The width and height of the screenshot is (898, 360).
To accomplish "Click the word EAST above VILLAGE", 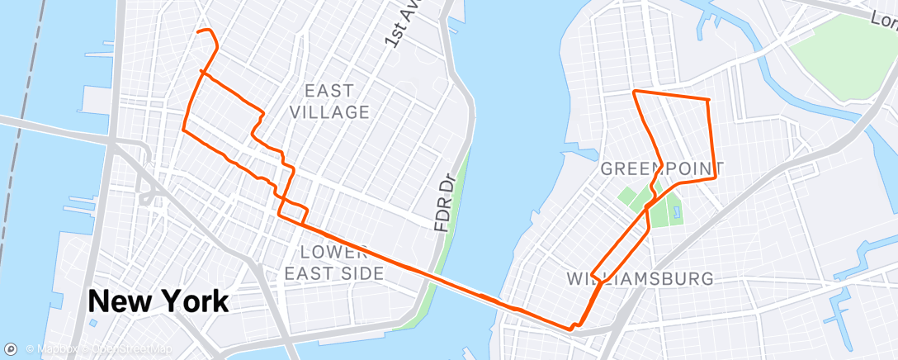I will [x=328, y=91].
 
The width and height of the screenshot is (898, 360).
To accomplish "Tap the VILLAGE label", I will [x=330, y=111].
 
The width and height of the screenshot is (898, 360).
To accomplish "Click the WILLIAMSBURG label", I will [x=640, y=278].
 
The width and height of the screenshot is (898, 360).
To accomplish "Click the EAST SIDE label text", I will [x=333, y=272].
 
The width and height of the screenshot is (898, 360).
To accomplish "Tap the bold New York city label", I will [x=158, y=301].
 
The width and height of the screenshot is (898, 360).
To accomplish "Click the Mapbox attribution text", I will [x=54, y=349].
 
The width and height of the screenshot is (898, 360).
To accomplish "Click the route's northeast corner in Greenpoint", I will [x=709, y=101].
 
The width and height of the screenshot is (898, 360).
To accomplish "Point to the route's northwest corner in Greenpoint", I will [x=634, y=90].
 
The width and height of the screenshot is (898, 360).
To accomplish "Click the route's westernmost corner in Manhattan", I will [x=182, y=130].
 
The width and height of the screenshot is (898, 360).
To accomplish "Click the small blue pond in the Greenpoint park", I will [x=677, y=213].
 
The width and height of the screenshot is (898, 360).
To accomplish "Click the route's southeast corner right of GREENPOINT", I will [x=714, y=176].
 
